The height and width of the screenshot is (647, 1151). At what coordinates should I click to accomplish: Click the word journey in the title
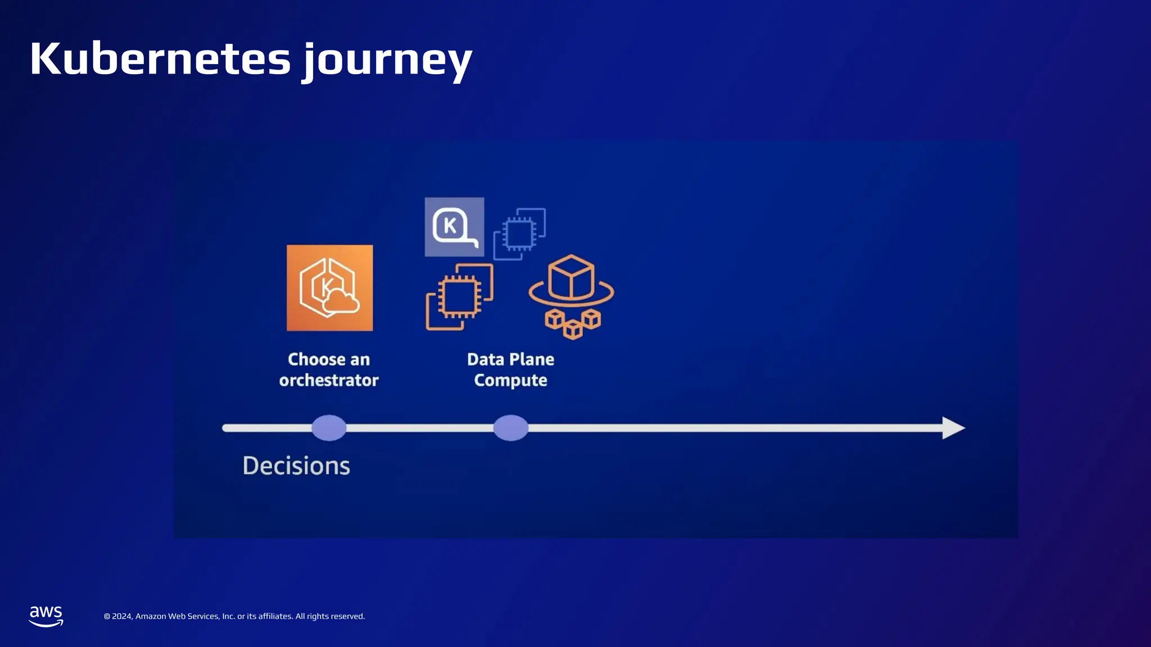tap(388, 61)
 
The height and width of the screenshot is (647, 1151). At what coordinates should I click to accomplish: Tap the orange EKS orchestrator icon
tap(329, 288)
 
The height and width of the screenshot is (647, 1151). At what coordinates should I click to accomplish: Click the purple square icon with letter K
tap(454, 227)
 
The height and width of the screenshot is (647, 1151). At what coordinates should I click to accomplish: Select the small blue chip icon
tap(519, 234)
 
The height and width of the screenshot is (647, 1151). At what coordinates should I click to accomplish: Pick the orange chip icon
tap(459, 297)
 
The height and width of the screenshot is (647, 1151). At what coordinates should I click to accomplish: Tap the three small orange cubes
tap(573, 323)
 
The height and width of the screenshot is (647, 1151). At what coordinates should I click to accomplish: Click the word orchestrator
tap(329, 380)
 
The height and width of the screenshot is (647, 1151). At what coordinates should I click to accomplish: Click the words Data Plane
tap(510, 359)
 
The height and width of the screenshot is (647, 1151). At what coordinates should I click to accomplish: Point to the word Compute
tap(510, 380)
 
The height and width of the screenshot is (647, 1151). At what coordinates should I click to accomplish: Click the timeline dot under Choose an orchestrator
tap(329, 428)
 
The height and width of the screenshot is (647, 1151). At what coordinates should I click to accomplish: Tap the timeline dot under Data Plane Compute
tap(510, 428)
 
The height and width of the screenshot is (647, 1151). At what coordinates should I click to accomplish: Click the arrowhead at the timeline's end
tap(953, 428)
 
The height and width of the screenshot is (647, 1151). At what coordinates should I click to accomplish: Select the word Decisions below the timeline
tap(296, 466)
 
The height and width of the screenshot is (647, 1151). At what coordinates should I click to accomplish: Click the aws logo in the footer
tap(46, 616)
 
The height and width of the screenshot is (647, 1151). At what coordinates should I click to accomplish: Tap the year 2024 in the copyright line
tap(121, 616)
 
